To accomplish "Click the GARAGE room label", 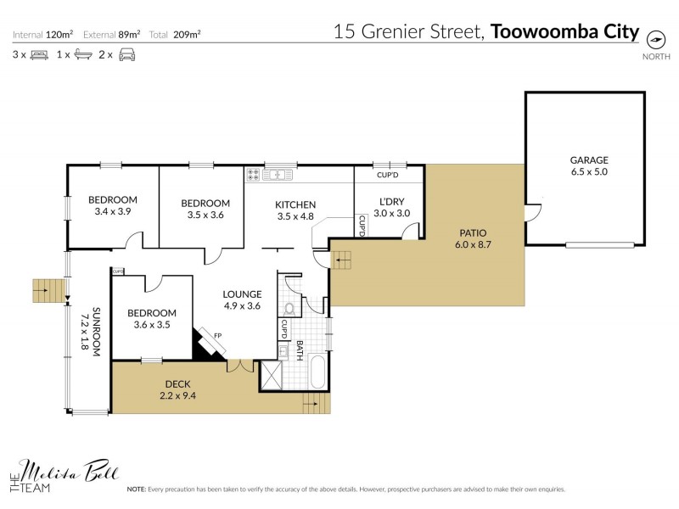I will point(589,159).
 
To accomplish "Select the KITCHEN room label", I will point(295,204).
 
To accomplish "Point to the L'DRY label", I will point(391,201).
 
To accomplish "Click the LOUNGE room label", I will point(243,294).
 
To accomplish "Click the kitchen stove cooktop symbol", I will point(253,175).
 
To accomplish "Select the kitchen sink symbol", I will point(277,175).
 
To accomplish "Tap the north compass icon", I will point(654,38).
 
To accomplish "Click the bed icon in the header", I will point(38,54).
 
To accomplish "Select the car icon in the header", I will point(126,54).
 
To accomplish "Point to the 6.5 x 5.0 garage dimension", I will point(589,171).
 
